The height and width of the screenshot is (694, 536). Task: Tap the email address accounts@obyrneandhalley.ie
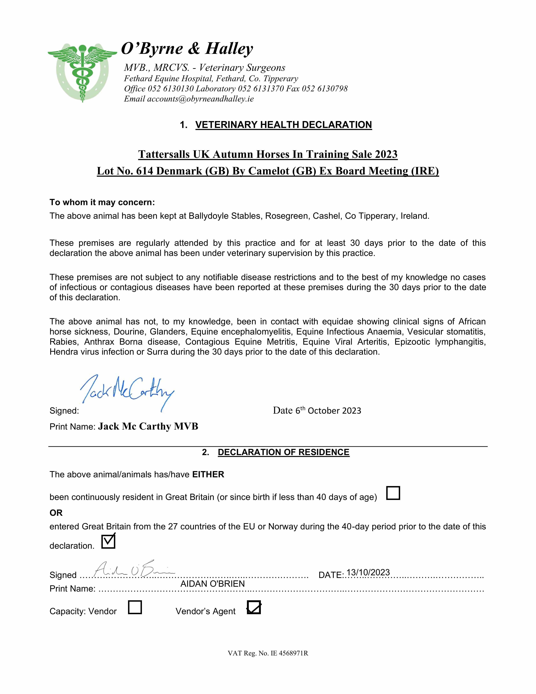click(x=200, y=99)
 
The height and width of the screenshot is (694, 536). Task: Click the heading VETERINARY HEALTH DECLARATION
click(x=283, y=125)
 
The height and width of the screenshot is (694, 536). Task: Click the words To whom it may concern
click(x=102, y=202)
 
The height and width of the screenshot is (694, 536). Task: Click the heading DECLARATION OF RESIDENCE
click(x=283, y=452)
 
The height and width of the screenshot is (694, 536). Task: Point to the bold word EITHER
click(x=208, y=474)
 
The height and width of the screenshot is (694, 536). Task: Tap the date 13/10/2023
click(x=368, y=572)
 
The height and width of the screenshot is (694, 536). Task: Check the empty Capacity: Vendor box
click(x=135, y=607)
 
